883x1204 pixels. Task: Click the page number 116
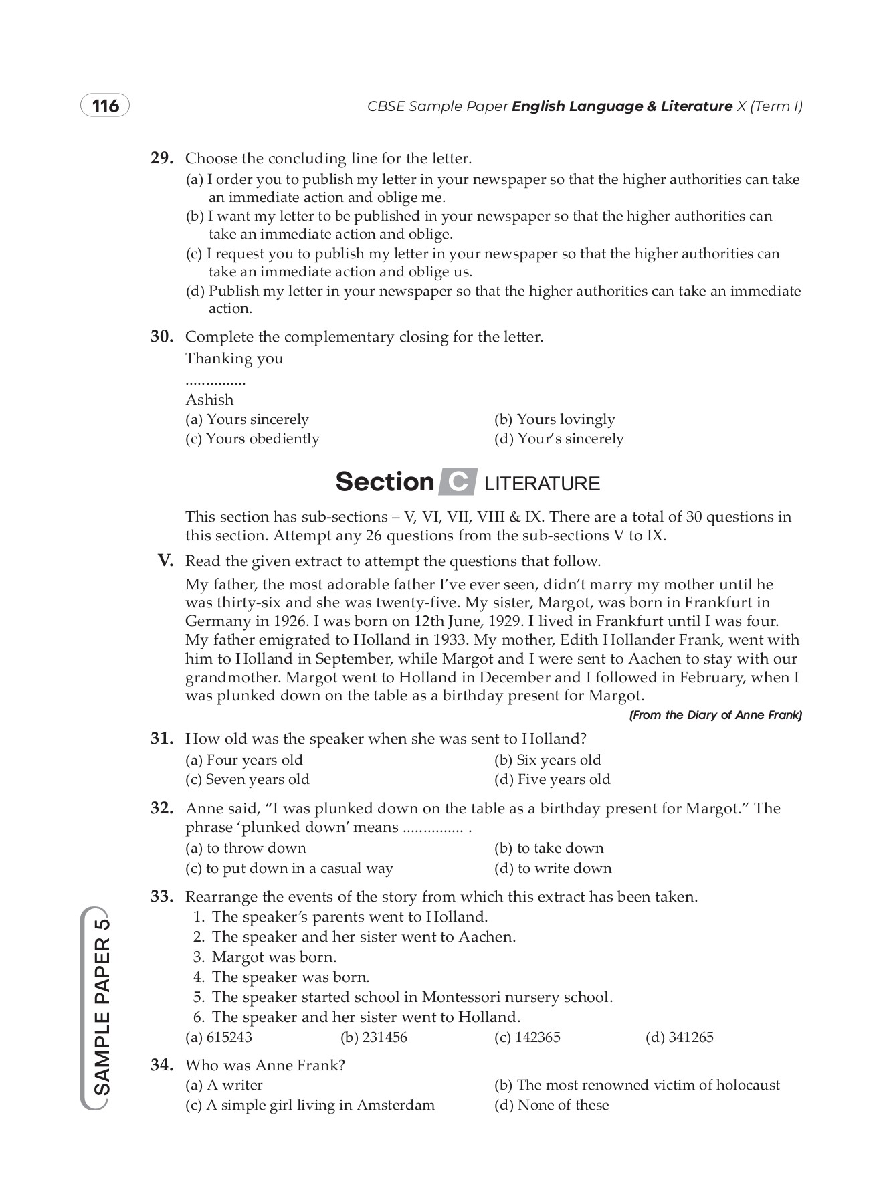pos(105,106)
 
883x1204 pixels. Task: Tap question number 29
pos(163,159)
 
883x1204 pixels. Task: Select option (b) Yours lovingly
pos(554,419)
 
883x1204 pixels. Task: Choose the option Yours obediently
pos(252,439)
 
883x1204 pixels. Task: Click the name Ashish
pos(209,399)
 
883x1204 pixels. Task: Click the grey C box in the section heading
pos(458,482)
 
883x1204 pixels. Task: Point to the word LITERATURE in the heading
pos(542,484)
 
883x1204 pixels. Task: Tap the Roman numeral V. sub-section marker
pos(165,561)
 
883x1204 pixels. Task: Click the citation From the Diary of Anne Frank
pos(715,715)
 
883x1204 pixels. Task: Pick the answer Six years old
pos(547,760)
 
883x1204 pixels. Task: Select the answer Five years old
pos(552,779)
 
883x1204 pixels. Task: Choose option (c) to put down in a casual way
pos(289,868)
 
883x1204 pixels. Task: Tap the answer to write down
pos(553,868)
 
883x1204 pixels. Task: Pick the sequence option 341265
pos(679,1037)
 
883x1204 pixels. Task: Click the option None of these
pos(551,1105)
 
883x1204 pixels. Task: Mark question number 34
pos(163,1065)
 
